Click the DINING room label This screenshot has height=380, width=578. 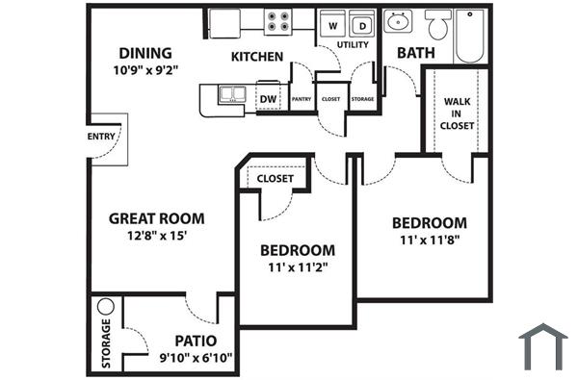[x=144, y=53]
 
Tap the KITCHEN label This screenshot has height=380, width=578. [x=256, y=57]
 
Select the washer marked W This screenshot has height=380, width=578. [x=333, y=23]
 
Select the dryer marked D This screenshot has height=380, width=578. [x=362, y=23]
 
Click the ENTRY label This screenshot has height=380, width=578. [x=101, y=137]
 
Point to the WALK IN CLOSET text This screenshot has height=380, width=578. [x=457, y=113]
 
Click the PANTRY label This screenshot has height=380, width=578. [x=301, y=98]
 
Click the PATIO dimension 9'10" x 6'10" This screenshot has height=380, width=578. [x=195, y=358]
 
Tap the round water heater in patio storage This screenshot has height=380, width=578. [x=106, y=307]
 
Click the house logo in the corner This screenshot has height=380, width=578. [x=542, y=347]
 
